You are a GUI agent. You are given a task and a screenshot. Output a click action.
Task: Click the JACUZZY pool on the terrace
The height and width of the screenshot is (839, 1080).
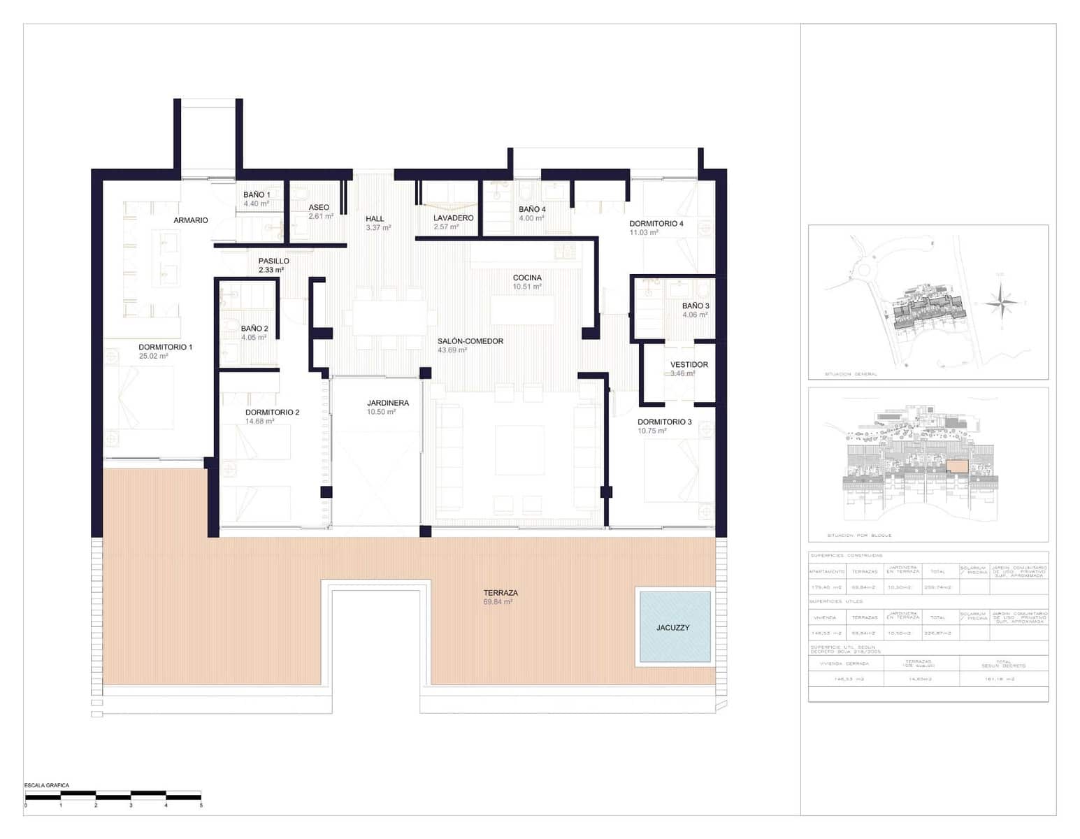pyautogui.click(x=673, y=626)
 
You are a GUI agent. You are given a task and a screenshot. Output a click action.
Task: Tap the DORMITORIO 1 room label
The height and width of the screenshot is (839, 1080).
pyautogui.click(x=165, y=347)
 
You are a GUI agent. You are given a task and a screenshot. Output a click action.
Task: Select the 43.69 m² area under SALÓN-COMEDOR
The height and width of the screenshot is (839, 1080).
pyautogui.click(x=452, y=350)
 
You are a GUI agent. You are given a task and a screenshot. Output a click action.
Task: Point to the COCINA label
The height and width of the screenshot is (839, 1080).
pyautogui.click(x=527, y=278)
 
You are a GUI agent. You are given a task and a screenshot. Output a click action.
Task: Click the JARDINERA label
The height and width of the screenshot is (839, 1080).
pyautogui.click(x=388, y=403)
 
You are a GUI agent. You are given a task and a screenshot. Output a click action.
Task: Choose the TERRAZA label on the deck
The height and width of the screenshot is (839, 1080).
pyautogui.click(x=501, y=593)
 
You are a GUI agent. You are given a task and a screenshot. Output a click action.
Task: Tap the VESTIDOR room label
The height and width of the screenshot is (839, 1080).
pyautogui.click(x=689, y=364)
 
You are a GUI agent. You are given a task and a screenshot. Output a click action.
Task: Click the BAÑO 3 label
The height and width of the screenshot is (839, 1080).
pyautogui.click(x=696, y=306)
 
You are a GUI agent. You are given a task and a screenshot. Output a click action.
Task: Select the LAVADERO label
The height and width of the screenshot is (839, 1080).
pyautogui.click(x=453, y=217)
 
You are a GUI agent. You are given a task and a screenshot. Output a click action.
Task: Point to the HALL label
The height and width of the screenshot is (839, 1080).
pyautogui.click(x=375, y=218)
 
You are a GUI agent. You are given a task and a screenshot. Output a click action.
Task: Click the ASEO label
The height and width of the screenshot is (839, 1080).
pyautogui.click(x=319, y=207)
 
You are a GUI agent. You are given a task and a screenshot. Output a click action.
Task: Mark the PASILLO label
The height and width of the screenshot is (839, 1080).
pyautogui.click(x=273, y=261)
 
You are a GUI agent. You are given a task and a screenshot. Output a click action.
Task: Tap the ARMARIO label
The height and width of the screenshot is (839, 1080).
pyautogui.click(x=191, y=220)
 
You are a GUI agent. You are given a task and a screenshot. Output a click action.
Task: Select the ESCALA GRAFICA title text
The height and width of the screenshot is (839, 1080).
pyautogui.click(x=47, y=785)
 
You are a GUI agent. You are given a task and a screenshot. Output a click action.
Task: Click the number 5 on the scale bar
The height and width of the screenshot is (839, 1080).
pyautogui.click(x=201, y=805)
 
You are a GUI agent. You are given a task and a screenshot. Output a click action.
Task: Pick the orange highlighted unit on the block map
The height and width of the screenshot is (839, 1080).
pyautogui.click(x=957, y=466)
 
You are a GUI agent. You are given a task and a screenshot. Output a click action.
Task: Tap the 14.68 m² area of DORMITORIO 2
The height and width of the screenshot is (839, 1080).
pyautogui.click(x=259, y=421)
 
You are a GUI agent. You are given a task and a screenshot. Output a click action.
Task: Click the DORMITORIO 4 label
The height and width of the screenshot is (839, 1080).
pyautogui.click(x=656, y=223)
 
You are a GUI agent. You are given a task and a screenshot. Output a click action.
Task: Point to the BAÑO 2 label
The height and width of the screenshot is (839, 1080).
pyautogui.click(x=254, y=328)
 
